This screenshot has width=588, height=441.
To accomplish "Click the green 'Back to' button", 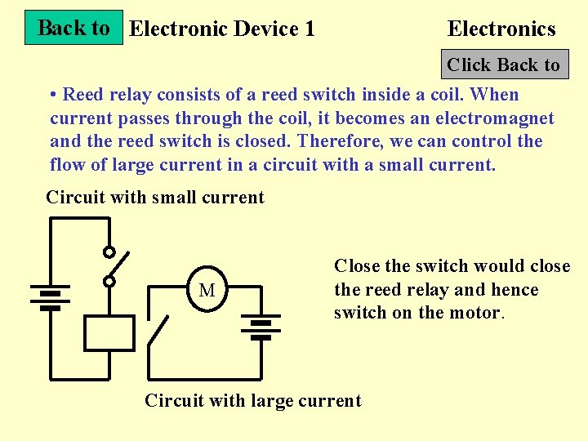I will coord(73,28).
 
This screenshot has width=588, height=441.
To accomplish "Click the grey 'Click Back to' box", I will coord(503,65).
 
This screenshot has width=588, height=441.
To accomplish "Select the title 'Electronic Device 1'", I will coord(222,29).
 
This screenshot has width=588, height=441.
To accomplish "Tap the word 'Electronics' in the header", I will coord(501,29).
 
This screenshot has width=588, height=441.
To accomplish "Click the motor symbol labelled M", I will coord(207,290).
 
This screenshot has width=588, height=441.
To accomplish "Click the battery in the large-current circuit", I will coord(261,327).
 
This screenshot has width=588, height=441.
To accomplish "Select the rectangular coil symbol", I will coord(109,333).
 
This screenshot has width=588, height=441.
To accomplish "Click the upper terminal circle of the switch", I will coord(109,252).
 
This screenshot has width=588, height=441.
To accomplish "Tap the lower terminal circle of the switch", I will coord(109,282).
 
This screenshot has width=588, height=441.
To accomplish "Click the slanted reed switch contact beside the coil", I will coord(159,331).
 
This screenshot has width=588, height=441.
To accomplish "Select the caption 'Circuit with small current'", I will coord(155,198).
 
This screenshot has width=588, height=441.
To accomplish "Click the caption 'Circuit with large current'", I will coord(252,401).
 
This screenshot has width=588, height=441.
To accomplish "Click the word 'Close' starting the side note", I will coord(357,266).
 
